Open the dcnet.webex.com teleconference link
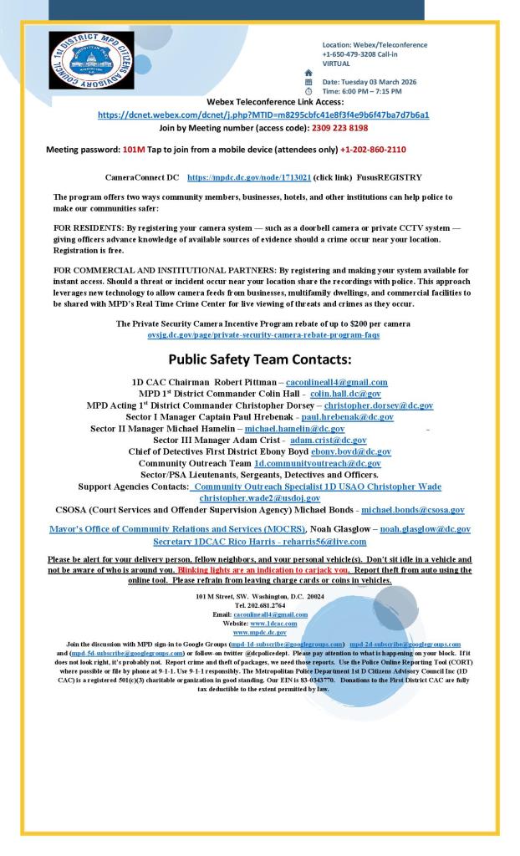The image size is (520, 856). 263,115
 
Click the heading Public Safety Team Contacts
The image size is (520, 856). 260,360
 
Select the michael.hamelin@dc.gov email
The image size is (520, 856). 294,429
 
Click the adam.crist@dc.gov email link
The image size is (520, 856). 328,440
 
